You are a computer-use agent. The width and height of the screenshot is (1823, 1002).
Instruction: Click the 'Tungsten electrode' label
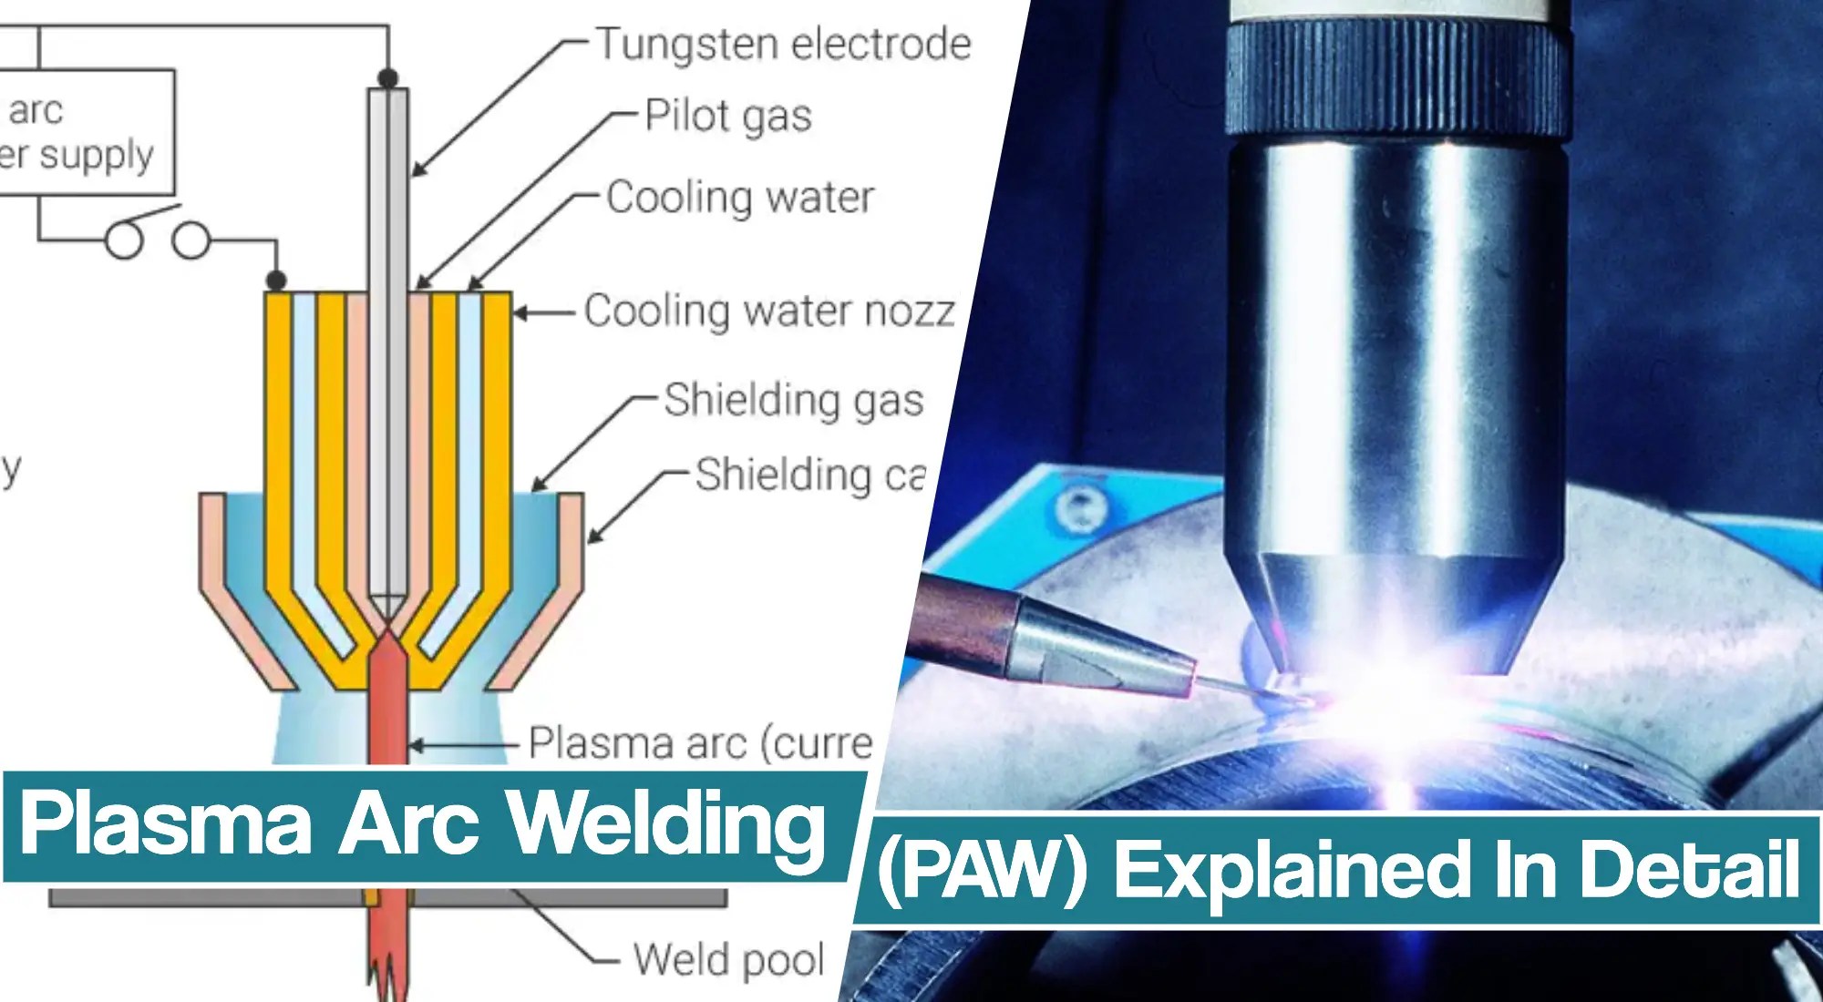click(782, 45)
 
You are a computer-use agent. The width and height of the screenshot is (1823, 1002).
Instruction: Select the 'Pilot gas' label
click(727, 117)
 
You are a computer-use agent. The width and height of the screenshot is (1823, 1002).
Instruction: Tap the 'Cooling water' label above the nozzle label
click(739, 198)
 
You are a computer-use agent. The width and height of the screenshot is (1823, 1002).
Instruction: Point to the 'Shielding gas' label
click(793, 400)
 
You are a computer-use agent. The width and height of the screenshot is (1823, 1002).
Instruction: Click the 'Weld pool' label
click(728, 959)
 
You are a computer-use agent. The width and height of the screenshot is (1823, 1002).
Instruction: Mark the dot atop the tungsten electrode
click(387, 79)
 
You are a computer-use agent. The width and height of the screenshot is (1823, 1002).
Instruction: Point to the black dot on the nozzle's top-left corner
click(276, 280)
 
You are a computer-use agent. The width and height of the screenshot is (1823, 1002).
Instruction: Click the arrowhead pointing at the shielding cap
click(592, 538)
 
